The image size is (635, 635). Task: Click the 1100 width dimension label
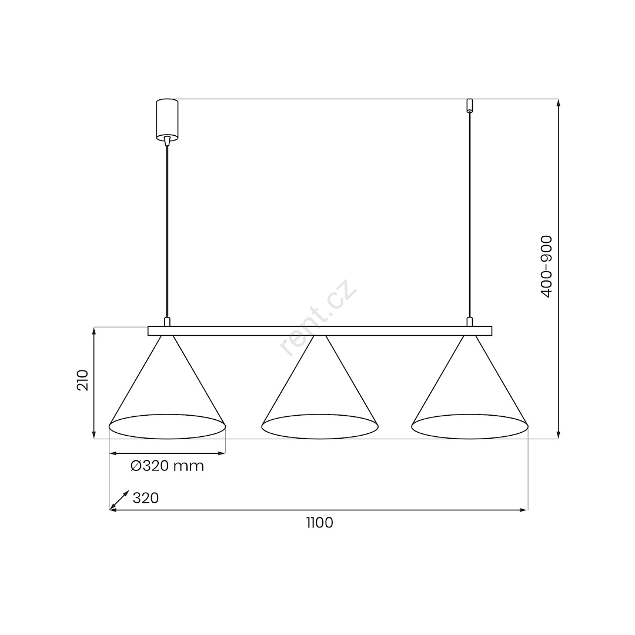coord(319,523)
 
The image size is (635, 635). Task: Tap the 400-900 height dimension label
coord(547,267)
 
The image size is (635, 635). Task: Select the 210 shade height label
coord(83,380)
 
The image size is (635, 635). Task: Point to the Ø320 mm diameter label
coord(167,466)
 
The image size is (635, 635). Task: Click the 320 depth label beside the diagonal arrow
coord(145,498)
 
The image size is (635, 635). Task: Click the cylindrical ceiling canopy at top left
coord(167,121)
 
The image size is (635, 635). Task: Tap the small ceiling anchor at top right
coord(470,105)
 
